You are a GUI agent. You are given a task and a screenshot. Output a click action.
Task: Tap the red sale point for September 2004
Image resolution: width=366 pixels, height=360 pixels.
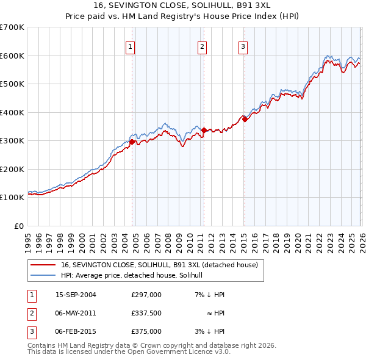132,142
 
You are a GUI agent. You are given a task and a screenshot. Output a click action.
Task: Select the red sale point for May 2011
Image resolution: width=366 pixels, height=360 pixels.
203,130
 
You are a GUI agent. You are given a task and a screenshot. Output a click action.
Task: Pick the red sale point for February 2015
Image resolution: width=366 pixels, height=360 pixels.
244,120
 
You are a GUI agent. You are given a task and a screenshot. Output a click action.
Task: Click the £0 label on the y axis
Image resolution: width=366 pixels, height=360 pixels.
18,226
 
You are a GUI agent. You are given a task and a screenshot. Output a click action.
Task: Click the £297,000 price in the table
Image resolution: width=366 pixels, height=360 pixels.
146,295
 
